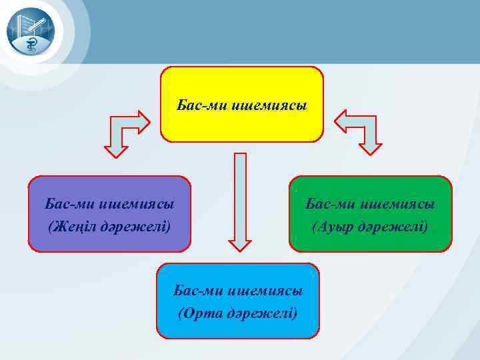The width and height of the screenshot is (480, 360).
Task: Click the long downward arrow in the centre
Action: pos(240,200)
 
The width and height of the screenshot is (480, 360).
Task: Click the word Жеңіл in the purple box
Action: pos(69,226)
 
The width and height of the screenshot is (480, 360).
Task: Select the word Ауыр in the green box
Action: pos(332,226)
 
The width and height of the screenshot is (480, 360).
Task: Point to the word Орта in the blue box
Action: pos(199,312)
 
